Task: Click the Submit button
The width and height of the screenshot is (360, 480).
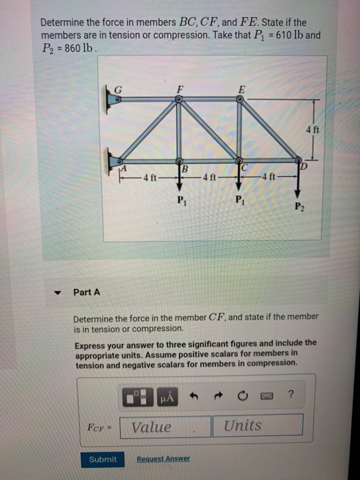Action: coord(103,459)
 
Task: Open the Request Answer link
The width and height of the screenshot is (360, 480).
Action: coord(163,459)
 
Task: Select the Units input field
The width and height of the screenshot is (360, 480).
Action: coord(261,426)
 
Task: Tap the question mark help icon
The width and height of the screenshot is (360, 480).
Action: coord(292,394)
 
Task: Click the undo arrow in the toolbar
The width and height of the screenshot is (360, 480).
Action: coord(195,395)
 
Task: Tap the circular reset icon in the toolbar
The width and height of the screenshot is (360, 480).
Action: coord(242,395)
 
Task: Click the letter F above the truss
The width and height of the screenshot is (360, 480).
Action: coord(180,88)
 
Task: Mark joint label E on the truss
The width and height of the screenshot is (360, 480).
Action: coord(241,88)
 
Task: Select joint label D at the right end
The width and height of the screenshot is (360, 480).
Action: coord(302,165)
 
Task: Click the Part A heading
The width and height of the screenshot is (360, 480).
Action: coord(87,292)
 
